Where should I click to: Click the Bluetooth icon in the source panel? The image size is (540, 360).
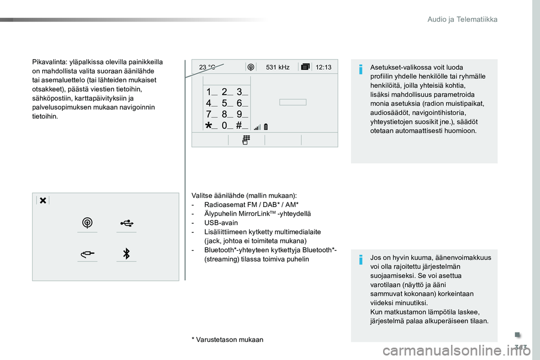pyautogui.click(x=127, y=254)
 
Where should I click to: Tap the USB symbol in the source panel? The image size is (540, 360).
pyautogui.click(x=127, y=223)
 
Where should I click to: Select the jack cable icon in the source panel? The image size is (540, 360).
pyautogui.click(x=88, y=254)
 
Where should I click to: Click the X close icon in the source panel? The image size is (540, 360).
pyautogui.click(x=43, y=200)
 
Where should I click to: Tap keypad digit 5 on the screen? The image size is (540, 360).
pyautogui.click(x=224, y=103)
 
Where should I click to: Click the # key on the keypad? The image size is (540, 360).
pyautogui.click(x=239, y=125)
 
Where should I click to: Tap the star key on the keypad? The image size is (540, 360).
pyautogui.click(x=209, y=125)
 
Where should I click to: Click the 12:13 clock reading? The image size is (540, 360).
pyautogui.click(x=323, y=67)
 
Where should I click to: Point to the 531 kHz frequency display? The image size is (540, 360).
pyautogui.click(x=277, y=67)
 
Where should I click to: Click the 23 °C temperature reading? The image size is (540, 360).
pyautogui.click(x=208, y=67)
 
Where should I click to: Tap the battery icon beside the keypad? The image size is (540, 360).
pyautogui.click(x=266, y=127)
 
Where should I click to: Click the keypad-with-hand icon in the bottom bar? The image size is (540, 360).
pyautogui.click(x=246, y=140)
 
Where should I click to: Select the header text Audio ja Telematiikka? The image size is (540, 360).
pyautogui.click(x=462, y=19)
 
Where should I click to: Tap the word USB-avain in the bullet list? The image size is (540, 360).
pyautogui.click(x=220, y=223)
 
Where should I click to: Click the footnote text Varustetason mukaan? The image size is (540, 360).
pyautogui.click(x=229, y=340)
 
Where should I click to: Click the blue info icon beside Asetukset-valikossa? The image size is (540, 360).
pyautogui.click(x=361, y=69)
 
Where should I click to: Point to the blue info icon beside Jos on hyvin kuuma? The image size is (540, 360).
pyautogui.click(x=361, y=259)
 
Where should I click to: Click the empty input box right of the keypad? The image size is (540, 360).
pyautogui.click(x=292, y=102)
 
